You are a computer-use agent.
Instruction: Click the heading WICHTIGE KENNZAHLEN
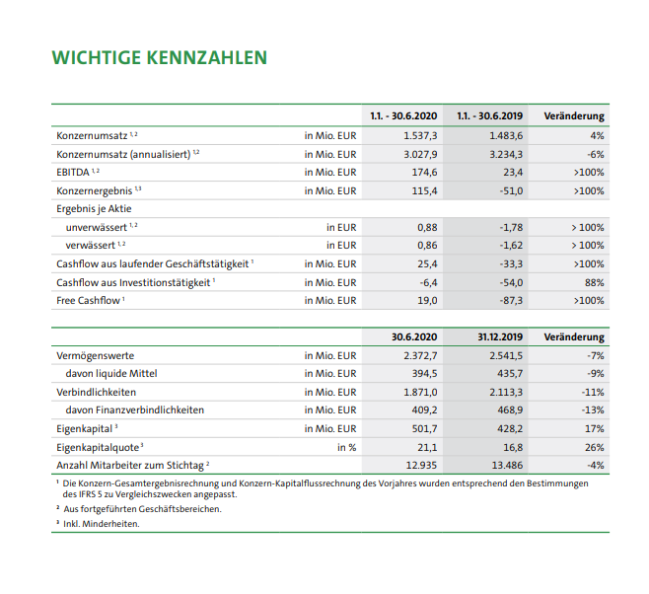pyautogui.click(x=159, y=57)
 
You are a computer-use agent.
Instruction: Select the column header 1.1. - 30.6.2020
pyautogui.click(x=403, y=115)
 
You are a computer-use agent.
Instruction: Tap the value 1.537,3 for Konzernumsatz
pyautogui.click(x=421, y=134)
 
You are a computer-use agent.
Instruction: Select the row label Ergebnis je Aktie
pyautogui.click(x=94, y=209)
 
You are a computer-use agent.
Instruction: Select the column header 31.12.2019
pyautogui.click(x=500, y=336)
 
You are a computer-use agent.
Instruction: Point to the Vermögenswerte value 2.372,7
pyautogui.click(x=421, y=355)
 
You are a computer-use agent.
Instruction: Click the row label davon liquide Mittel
pyautogui.click(x=110, y=374)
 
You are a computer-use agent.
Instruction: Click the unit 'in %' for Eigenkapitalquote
pyautogui.click(x=346, y=447)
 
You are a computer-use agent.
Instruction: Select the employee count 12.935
pyautogui.click(x=422, y=465)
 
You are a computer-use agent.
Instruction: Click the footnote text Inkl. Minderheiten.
pyautogui.click(x=102, y=524)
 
